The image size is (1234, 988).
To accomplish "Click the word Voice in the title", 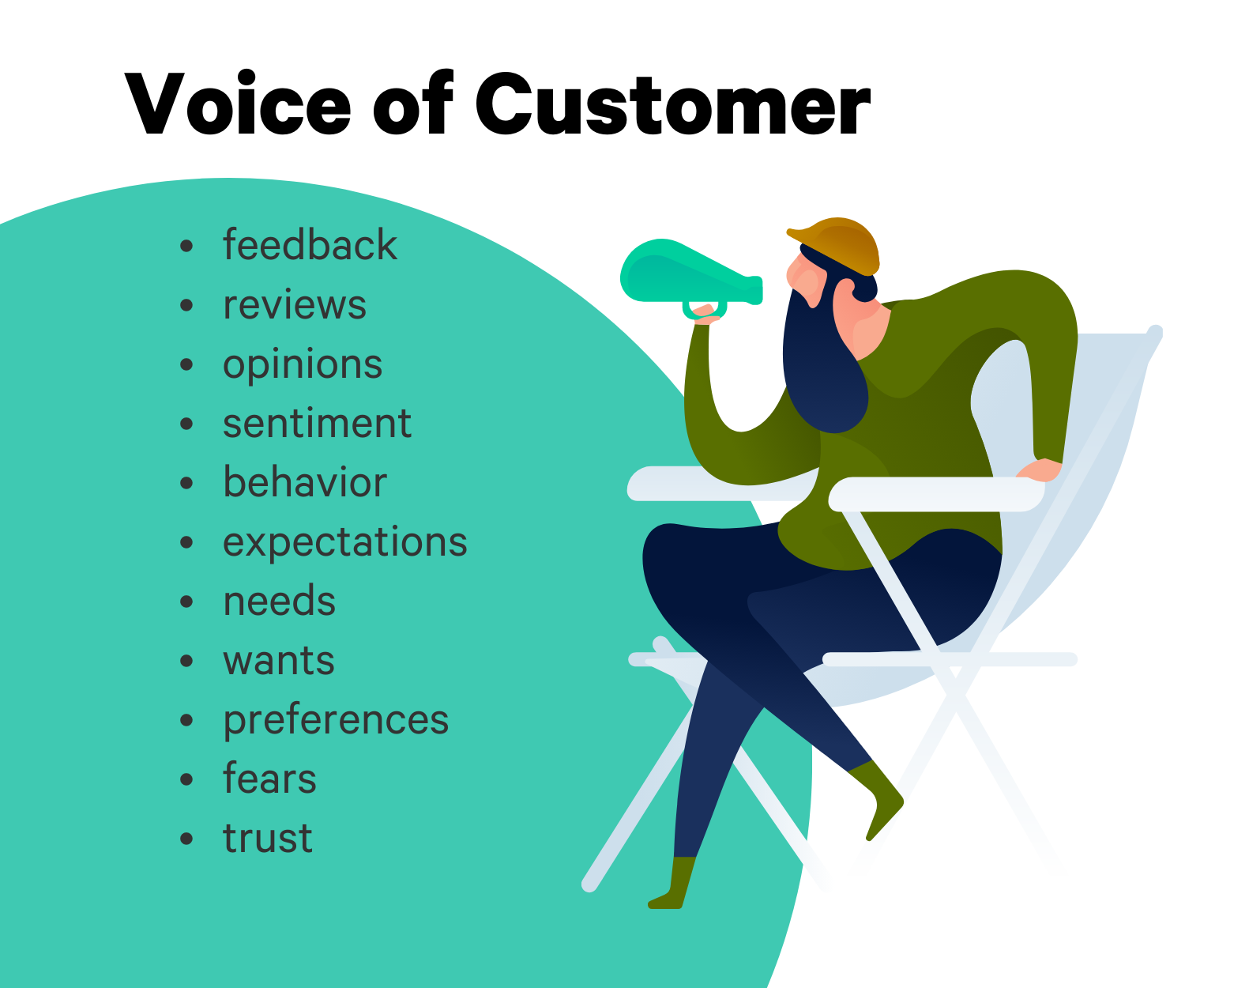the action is coord(237,104).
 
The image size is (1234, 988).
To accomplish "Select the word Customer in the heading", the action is coord(672,104).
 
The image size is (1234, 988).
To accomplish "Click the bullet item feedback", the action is coord(310,244).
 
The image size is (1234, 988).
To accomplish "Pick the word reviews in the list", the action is coord(294,304).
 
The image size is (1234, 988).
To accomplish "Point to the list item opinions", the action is coord(303,365).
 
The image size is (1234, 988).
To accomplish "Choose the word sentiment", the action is coord(317,424).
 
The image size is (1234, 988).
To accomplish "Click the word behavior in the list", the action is coord(304,481).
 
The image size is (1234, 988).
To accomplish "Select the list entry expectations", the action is coord(344,543).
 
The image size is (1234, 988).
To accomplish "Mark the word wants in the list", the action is coord(279,661).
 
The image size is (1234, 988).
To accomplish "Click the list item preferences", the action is coord(336,721).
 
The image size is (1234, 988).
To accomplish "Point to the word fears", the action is coord(269,778).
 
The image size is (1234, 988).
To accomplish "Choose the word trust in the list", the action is coord(268,839).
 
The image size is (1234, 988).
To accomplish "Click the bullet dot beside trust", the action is coord(186,839).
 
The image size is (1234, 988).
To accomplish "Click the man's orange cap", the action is coord(835,245).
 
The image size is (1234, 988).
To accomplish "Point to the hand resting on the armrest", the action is coord(1038,469).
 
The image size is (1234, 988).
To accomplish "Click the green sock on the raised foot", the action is coord(878,798).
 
